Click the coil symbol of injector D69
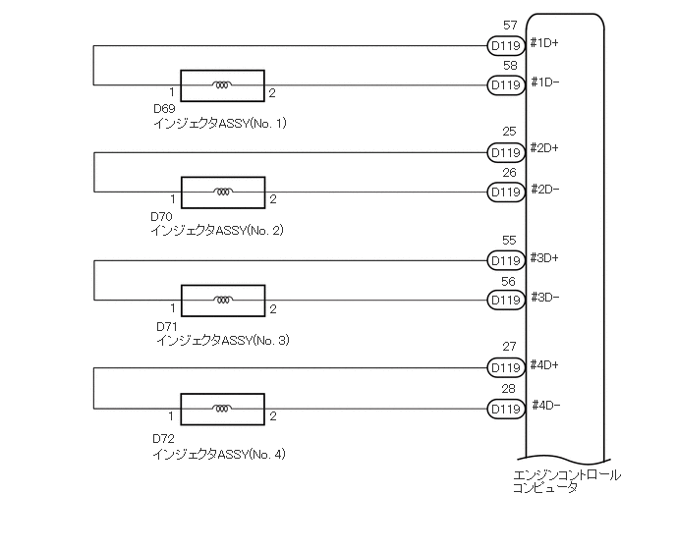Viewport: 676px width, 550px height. tap(223, 85)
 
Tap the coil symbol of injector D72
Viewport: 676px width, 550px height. tap(223, 408)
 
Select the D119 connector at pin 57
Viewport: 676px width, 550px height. tap(505, 45)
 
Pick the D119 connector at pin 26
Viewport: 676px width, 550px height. tap(505, 192)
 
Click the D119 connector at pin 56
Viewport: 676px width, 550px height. tap(505, 300)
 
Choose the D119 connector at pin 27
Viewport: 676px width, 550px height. tap(505, 368)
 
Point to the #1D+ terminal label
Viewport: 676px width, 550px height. tap(544, 42)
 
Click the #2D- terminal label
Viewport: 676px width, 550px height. tap(544, 189)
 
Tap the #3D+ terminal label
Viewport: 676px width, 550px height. tap(544, 257)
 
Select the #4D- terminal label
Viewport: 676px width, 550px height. tap(546, 405)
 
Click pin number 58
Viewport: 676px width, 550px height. tap(509, 66)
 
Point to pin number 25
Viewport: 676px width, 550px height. tap(509, 132)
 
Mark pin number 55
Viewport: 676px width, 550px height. tap(509, 240)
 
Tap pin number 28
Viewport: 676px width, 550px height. tap(509, 389)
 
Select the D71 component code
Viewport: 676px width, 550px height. tap(166, 325)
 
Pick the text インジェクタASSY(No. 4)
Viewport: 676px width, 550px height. tap(219, 454)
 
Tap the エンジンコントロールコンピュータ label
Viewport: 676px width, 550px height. tap(567, 480)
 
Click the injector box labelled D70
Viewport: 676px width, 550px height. tap(223, 192)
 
